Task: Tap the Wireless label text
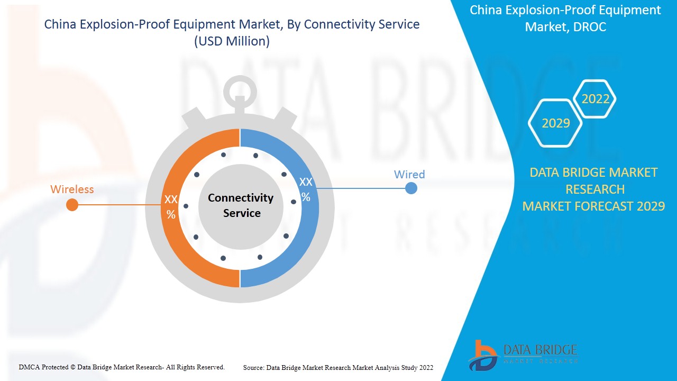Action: [x=72, y=189]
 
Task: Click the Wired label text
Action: [x=409, y=174]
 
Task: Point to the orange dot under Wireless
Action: [x=72, y=205]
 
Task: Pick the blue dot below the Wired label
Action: [x=411, y=188]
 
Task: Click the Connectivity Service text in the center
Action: [x=241, y=205]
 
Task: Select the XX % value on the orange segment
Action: [x=171, y=206]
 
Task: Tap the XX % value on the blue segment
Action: [x=306, y=189]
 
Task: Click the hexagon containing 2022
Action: [x=595, y=99]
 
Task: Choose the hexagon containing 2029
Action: [x=555, y=123]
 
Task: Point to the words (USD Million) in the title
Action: [x=232, y=41]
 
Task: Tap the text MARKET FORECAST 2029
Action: [x=593, y=206]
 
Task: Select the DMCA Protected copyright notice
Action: [x=122, y=367]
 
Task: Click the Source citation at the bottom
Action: [x=338, y=367]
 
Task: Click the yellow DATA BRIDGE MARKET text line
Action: [x=593, y=173]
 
